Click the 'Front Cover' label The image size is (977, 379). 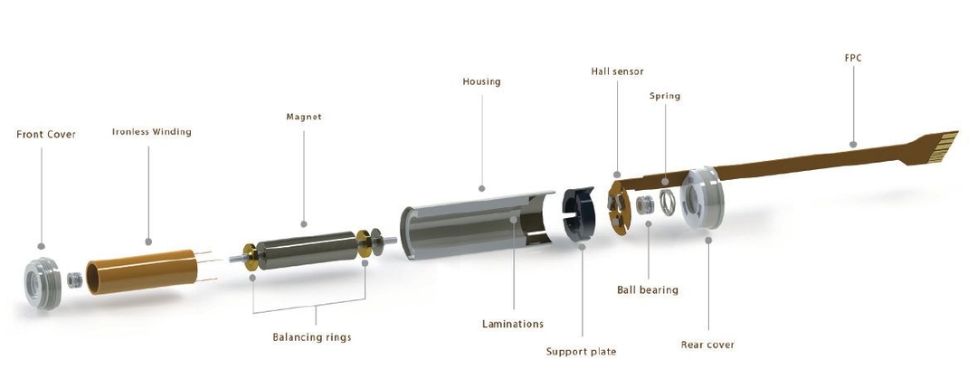pos(46,134)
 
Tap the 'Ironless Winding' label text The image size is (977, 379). pos(152,131)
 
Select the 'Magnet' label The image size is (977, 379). pos(304,117)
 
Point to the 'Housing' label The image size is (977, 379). pos(481,81)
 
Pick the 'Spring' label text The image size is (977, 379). pos(665,95)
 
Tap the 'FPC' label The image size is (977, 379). pos(851,57)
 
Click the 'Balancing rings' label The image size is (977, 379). pos(312,337)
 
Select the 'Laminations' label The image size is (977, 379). pos(514,323)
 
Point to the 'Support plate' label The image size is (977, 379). pos(581,351)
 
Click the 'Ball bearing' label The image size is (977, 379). pos(648,290)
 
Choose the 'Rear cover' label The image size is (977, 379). pos(707,345)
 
